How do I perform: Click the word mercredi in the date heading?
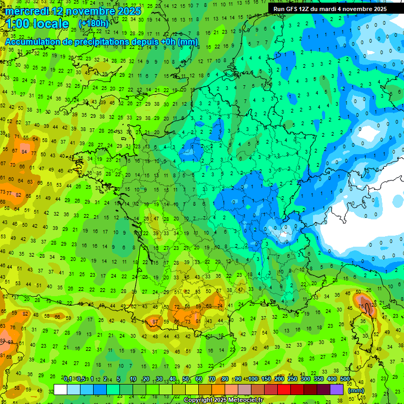(x=27, y=11)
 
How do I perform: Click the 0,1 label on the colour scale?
(x=68, y=379)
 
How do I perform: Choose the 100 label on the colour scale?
(x=253, y=379)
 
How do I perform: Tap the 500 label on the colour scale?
(x=345, y=379)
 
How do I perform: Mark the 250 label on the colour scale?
(x=292, y=379)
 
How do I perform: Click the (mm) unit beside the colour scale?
(x=356, y=390)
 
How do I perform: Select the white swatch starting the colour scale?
(x=60, y=390)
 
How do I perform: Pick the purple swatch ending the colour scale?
(x=337, y=390)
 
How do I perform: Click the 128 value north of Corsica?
(x=373, y=305)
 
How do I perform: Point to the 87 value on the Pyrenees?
(x=155, y=322)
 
